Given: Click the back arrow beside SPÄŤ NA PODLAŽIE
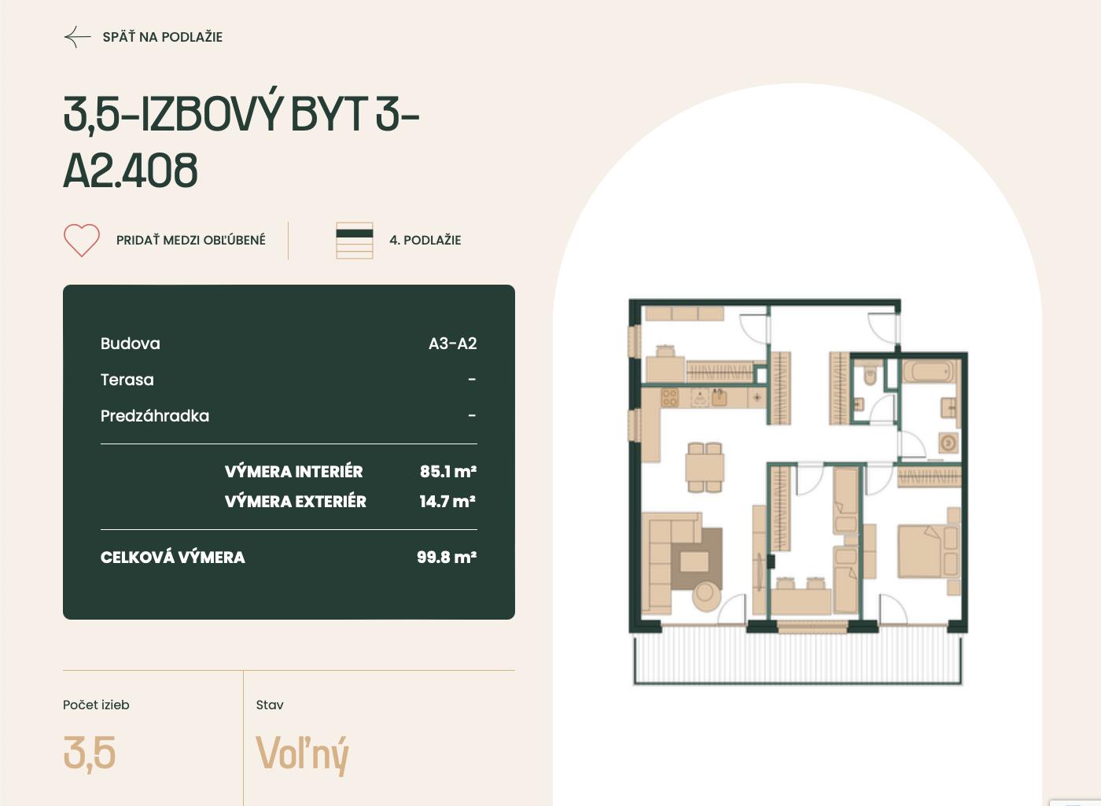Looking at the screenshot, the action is [78, 38].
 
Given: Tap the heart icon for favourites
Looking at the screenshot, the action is [82, 240].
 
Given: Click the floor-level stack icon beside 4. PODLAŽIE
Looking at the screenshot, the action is [355, 241].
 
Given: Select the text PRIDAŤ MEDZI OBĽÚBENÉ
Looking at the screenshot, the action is [190, 240].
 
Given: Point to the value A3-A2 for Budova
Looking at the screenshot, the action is [453, 344].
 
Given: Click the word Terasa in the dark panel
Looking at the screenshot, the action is [127, 380].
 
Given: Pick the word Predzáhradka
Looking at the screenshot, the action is [155, 416].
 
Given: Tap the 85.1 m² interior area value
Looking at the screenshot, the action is [448, 471].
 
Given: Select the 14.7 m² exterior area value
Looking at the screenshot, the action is [447, 502].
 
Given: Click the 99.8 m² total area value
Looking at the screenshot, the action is [447, 557].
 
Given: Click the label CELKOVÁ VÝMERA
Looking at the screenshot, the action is [172, 558].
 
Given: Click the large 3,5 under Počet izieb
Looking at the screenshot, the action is [90, 753].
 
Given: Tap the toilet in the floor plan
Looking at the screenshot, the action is [870, 376].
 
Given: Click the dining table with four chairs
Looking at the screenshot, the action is [705, 467].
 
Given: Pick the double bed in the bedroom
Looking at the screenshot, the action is [929, 551].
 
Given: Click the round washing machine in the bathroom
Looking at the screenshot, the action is [948, 443].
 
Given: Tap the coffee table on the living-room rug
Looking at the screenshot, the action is [694, 561].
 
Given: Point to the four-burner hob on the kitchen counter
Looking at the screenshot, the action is [669, 398].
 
